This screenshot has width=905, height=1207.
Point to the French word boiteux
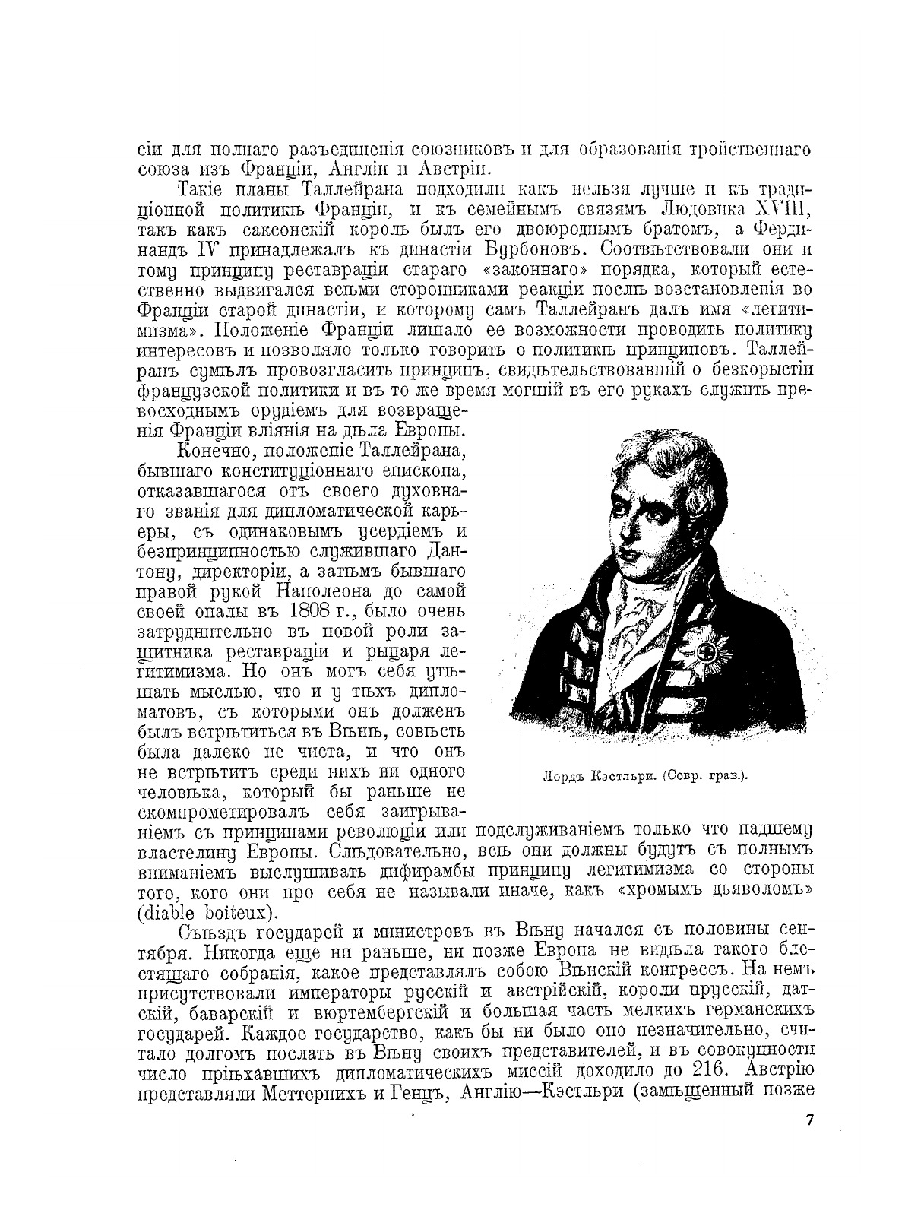pos(235,911)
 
